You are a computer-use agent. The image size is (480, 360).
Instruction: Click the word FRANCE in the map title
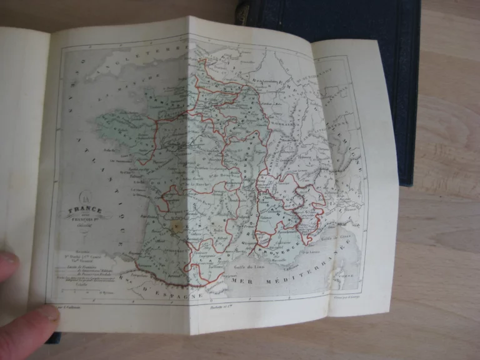(x=85, y=211)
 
